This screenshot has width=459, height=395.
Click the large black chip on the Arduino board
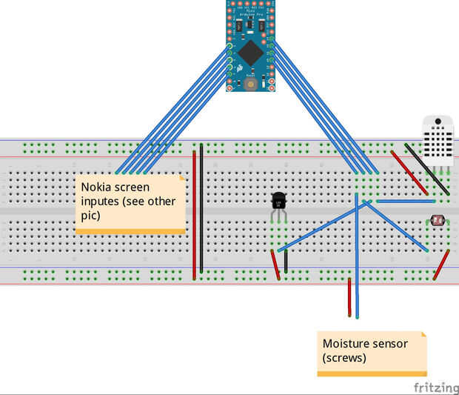tap(251, 51)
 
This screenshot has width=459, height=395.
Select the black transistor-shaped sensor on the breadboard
tap(279, 201)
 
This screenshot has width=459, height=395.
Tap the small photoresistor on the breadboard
tap(437, 220)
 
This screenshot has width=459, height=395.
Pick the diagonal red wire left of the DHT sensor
tap(409, 173)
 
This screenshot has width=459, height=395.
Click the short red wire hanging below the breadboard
tap(349, 297)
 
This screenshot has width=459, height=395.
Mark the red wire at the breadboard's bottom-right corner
tap(442, 265)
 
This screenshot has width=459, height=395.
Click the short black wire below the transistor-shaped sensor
tap(286, 260)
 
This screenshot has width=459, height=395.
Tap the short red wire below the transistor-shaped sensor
tap(275, 265)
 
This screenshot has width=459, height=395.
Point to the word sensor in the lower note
tap(388, 344)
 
